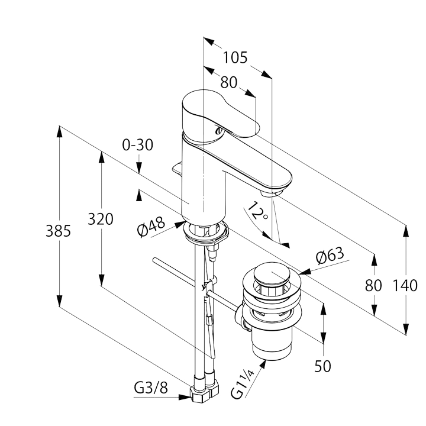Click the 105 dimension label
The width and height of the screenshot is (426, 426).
coord(235,58)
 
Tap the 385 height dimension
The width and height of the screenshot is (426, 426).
coord(59,231)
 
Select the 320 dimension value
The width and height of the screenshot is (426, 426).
coord(101,220)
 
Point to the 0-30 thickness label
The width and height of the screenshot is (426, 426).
coord(138,144)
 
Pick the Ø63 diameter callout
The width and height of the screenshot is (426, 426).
coord(330,257)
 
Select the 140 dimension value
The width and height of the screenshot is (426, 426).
coord(405,286)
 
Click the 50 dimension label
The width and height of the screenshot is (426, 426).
coord(322,366)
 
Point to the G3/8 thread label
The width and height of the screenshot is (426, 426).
coord(150,389)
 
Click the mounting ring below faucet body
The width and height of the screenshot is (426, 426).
coord(205,233)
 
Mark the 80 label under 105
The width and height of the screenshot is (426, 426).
coord(228,82)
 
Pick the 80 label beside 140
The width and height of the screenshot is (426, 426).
coord(373,286)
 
